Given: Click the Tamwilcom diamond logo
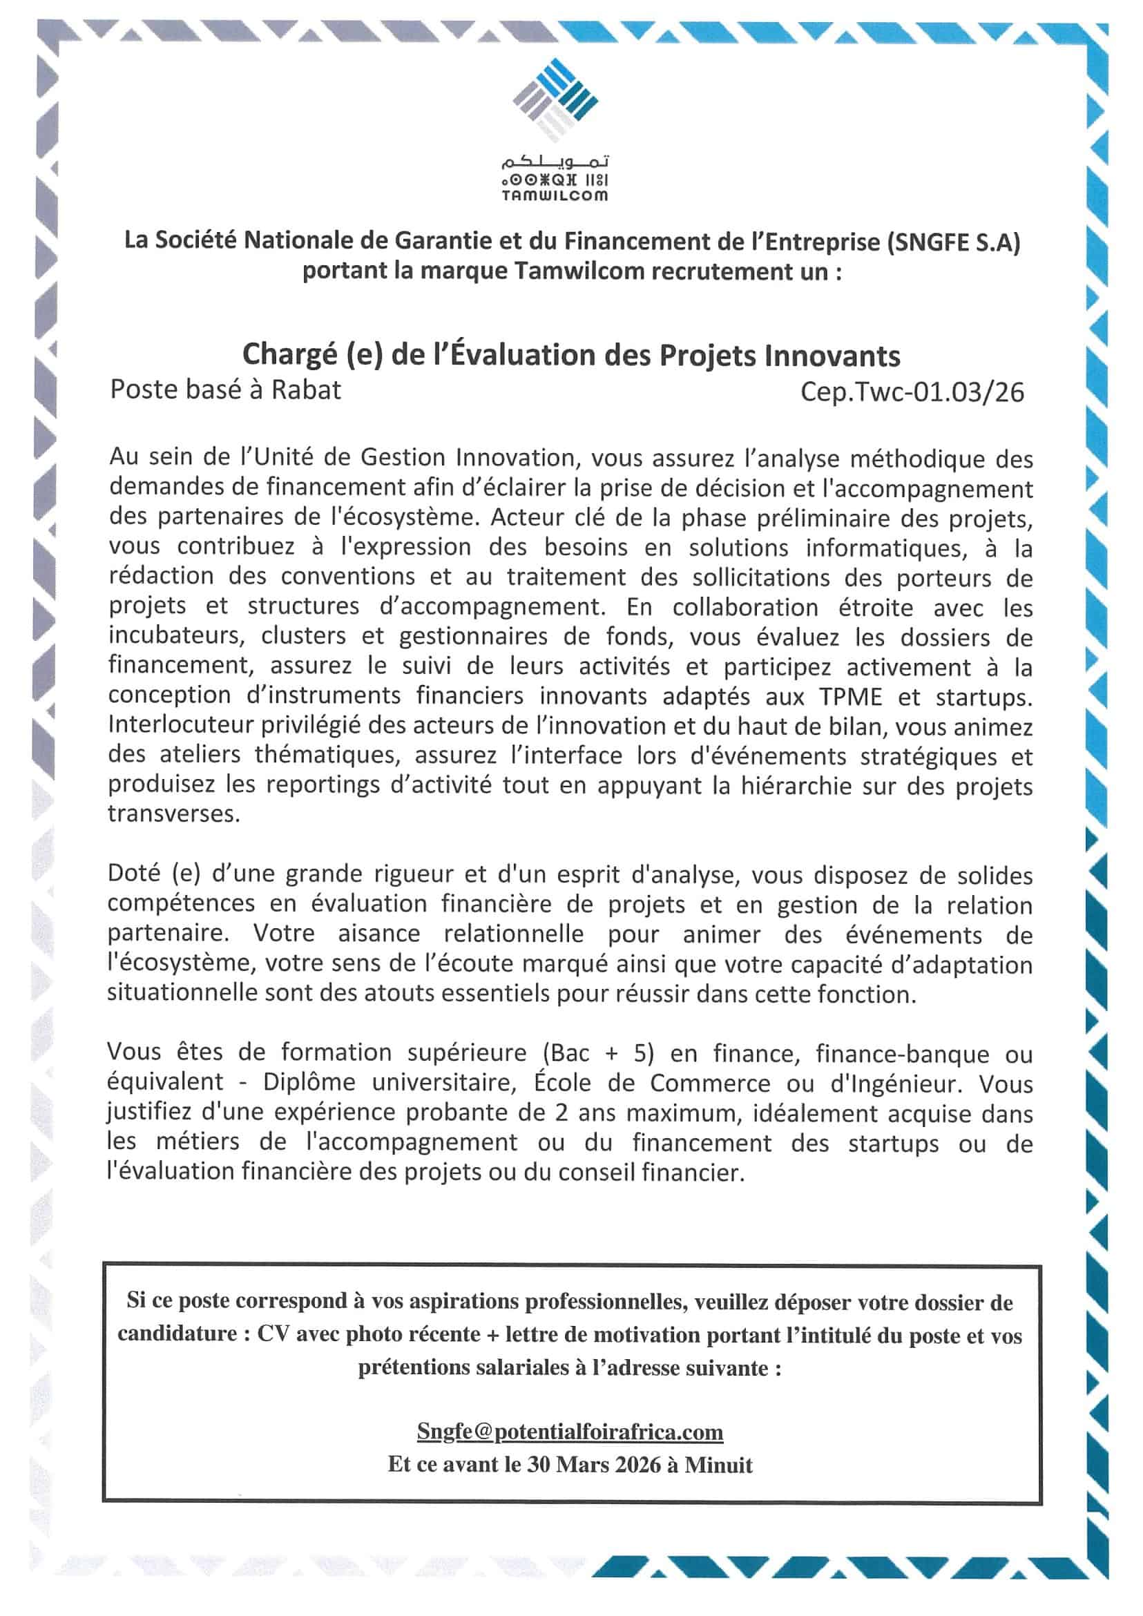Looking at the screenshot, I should click(x=555, y=99).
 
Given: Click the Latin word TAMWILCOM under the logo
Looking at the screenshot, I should click(x=555, y=196).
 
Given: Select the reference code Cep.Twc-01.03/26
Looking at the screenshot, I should click(x=912, y=392).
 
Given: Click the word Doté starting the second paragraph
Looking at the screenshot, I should click(x=135, y=874).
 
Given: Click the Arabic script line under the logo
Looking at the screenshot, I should click(x=555, y=163).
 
